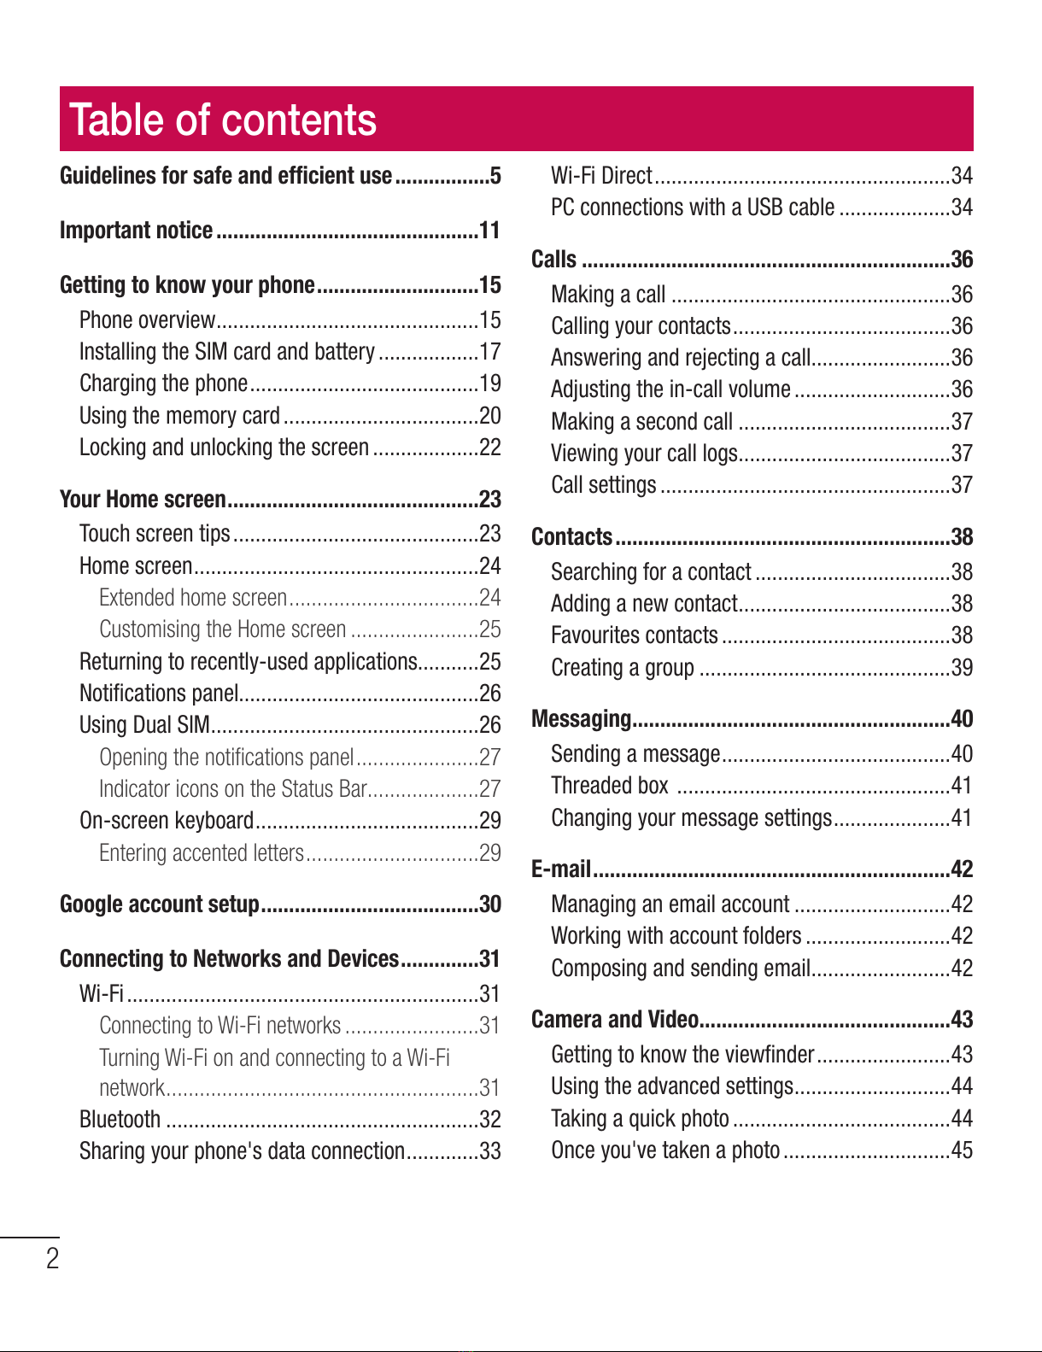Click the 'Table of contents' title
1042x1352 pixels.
[223, 120]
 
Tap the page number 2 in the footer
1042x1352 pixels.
[53, 1258]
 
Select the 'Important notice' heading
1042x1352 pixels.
[137, 231]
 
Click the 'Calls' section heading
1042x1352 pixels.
[553, 259]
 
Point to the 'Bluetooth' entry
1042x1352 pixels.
[120, 1120]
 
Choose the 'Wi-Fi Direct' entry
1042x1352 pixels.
[601, 175]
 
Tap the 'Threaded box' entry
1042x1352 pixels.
[610, 785]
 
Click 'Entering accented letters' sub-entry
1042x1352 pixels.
[202, 852]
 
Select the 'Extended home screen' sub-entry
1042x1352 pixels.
[193, 597]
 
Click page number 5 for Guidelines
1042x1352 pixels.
[495, 175]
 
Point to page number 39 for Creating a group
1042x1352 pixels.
[962, 667]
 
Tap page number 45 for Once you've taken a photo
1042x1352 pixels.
[962, 1150]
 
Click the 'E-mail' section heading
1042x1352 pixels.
[560, 869]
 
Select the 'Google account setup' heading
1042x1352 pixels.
[159, 904]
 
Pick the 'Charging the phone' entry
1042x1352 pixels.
[164, 383]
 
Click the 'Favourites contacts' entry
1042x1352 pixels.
[635, 635]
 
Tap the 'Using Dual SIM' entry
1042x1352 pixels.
[144, 725]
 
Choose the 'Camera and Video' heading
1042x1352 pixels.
[615, 1019]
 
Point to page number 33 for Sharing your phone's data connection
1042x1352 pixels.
[490, 1151]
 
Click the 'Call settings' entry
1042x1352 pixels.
[604, 484]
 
